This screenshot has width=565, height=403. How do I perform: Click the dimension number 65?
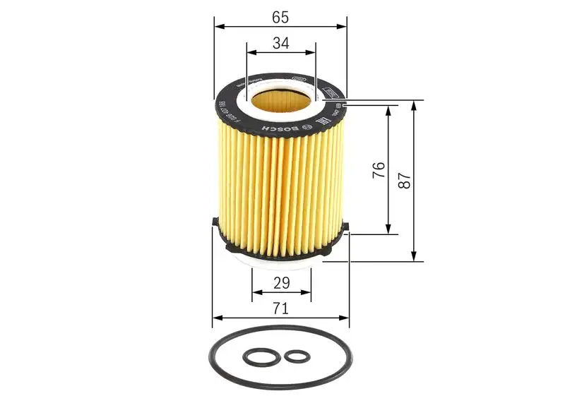[x=280, y=13]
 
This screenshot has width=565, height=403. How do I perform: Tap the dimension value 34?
[x=280, y=43]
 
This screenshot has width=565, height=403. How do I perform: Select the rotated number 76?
[x=379, y=169]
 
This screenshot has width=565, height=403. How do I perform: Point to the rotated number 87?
[x=404, y=180]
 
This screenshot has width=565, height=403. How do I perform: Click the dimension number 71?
[x=280, y=308]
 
